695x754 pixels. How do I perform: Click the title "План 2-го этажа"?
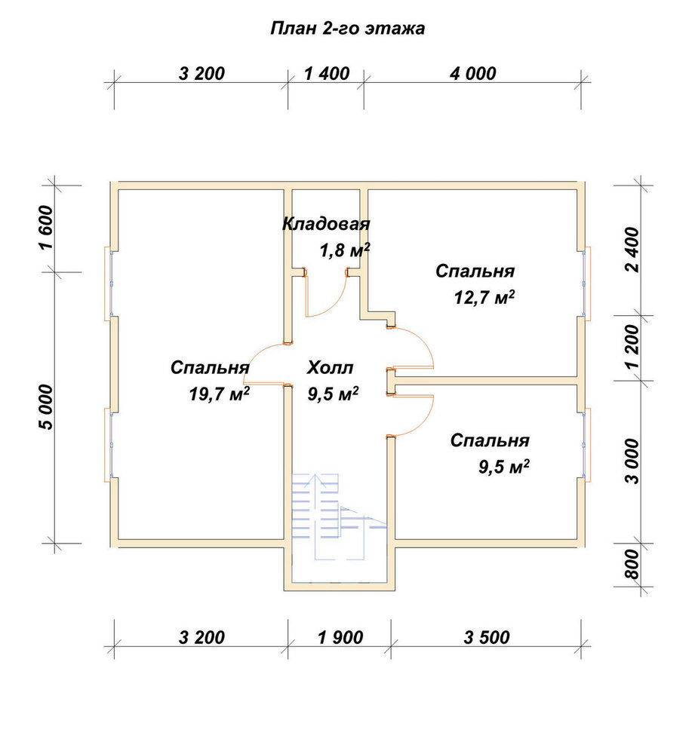(347, 29)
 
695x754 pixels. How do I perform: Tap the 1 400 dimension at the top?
(327, 74)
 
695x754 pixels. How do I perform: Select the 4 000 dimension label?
(472, 74)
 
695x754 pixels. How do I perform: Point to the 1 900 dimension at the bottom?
(340, 637)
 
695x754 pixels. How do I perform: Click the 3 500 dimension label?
(487, 637)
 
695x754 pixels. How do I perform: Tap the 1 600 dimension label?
(46, 227)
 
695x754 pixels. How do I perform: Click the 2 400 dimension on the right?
(634, 250)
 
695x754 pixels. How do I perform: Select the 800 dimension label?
(634, 564)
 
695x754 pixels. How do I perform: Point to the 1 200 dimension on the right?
(634, 346)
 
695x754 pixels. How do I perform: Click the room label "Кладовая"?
(326, 224)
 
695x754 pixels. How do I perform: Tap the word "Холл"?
(331, 368)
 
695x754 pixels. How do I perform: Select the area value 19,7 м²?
(219, 394)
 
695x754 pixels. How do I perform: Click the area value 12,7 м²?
(484, 297)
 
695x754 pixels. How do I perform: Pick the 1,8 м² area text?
(345, 250)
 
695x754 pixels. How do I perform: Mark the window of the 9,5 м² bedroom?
(586, 445)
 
